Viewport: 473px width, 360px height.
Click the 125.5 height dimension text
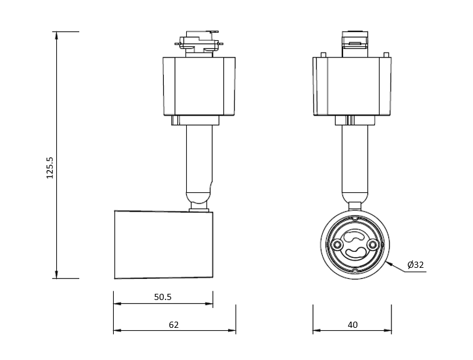point(50,168)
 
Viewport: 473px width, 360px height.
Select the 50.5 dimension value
point(163,297)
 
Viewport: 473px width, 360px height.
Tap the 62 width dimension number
point(174,325)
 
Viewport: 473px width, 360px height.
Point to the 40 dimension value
point(352,325)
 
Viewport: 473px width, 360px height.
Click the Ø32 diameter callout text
point(415,265)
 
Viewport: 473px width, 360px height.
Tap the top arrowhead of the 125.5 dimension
point(56,35)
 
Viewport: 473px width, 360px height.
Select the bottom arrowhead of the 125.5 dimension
point(56,275)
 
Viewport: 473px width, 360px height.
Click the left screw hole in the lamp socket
point(337,244)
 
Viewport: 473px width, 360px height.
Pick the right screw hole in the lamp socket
point(373,244)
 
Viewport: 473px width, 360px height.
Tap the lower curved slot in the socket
point(355,252)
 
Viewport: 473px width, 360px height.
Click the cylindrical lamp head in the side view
point(163,244)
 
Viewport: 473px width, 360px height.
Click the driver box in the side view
point(199,87)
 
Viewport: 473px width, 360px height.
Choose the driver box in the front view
point(352,87)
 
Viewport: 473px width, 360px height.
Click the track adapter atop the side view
point(199,43)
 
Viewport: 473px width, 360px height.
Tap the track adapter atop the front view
point(355,44)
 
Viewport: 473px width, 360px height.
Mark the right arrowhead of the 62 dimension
point(232,330)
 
